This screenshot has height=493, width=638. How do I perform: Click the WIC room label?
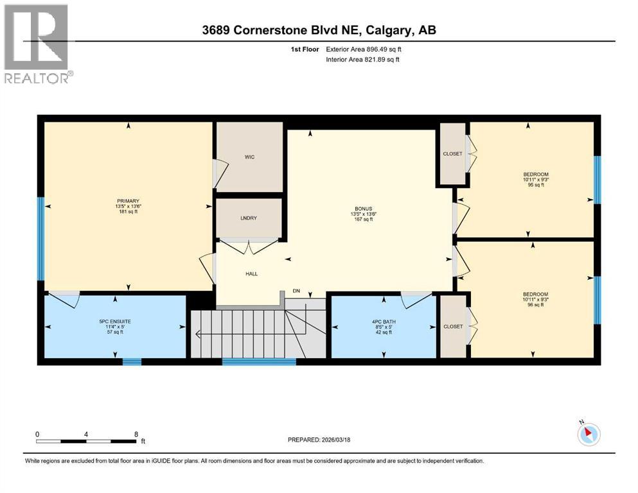point(250,157)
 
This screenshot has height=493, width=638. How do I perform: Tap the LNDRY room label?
point(249,218)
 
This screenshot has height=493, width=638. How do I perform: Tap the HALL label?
point(251,273)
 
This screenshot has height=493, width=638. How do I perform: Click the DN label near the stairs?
point(296,291)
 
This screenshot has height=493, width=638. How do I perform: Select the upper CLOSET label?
point(453,154)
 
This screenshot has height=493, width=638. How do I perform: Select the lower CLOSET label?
point(453,326)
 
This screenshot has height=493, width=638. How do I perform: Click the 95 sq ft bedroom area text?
point(535,185)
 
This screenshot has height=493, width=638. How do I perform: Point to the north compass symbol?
point(589,434)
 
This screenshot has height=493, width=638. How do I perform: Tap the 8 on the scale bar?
point(136,434)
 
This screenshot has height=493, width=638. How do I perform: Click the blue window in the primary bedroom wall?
point(40,239)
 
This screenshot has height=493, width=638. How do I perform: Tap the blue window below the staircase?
point(259,361)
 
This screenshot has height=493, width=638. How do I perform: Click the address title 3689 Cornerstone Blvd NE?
point(319,30)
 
